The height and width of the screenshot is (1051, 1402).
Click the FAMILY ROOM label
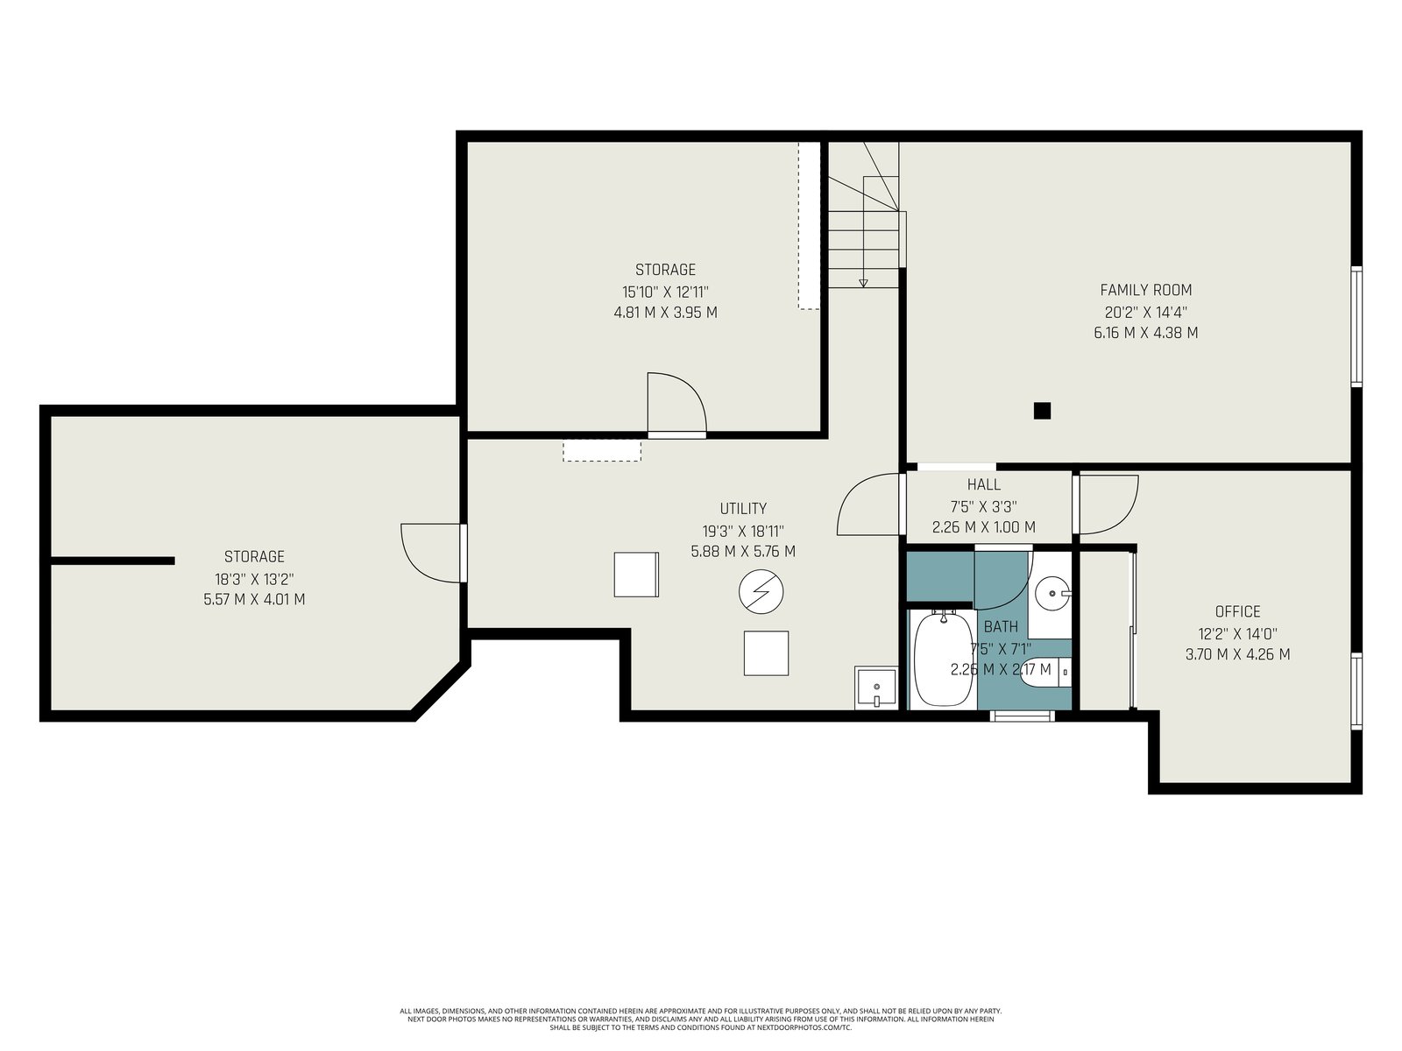coord(1145,291)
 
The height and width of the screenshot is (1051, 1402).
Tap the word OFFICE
coord(1237,612)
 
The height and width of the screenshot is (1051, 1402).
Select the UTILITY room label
coord(743,509)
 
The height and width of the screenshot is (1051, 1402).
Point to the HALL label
coord(984,484)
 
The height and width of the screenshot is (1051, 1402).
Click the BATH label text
coord(1001,626)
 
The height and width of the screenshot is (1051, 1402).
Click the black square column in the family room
coord(1042,410)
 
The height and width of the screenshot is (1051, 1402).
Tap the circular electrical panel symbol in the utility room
coord(761,591)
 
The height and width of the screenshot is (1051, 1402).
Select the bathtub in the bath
coord(943,659)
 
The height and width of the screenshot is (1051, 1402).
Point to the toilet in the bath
coord(1045,673)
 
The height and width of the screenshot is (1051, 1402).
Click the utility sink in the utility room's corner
coord(875,688)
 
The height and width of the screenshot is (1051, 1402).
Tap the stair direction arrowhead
coord(863,283)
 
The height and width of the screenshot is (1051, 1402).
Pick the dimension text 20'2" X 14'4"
coord(1146,312)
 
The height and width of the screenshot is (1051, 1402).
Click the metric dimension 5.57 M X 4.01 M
coord(254,600)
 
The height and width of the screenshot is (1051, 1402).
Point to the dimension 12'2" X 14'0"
coord(1237,633)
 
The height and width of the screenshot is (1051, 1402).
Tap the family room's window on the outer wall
coord(1356,326)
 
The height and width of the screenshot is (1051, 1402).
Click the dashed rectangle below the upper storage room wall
coord(601,450)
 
